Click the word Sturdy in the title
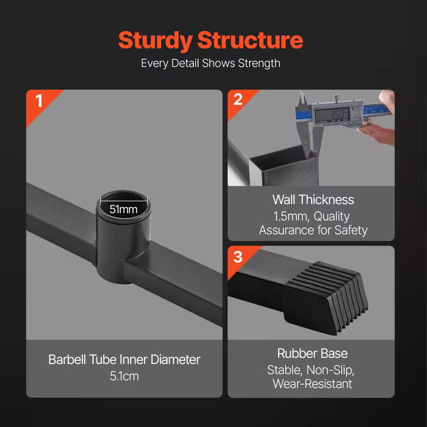(x=155, y=41)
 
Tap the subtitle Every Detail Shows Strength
(x=210, y=63)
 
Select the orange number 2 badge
(x=238, y=99)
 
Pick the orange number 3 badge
(x=238, y=256)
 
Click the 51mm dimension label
(x=124, y=209)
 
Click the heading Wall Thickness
(x=313, y=200)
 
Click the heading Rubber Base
(x=312, y=353)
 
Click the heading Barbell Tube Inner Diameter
(x=124, y=359)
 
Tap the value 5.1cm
(x=124, y=376)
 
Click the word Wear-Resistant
(x=312, y=384)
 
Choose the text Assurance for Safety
(x=313, y=230)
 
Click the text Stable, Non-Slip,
(x=312, y=370)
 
